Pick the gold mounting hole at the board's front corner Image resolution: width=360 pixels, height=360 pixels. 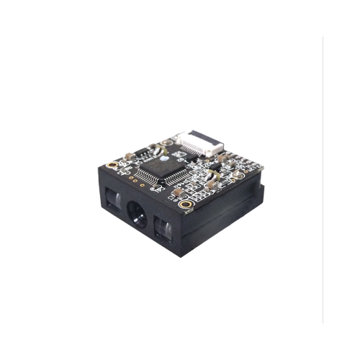click(186, 204)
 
